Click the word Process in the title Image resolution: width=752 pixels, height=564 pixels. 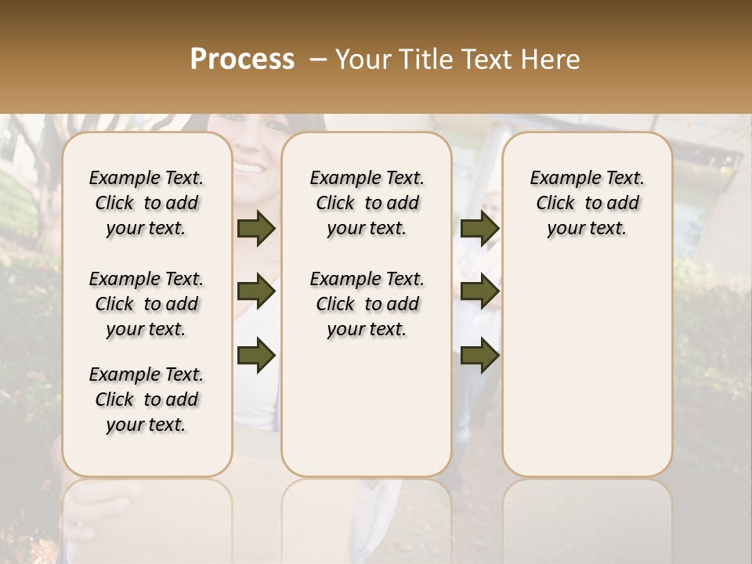point(242,60)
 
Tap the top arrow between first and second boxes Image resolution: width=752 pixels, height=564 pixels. point(256,229)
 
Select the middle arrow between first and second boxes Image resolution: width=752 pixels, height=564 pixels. point(256,292)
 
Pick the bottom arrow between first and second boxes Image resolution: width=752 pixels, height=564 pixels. point(256,356)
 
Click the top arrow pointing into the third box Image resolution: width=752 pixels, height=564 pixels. point(479,229)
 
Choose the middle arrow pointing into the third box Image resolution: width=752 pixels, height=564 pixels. point(479,292)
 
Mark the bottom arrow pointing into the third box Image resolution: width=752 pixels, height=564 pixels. point(479,356)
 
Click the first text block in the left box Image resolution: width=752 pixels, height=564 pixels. point(146,203)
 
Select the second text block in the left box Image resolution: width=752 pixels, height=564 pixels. point(146,304)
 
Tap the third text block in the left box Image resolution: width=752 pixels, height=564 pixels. point(146,399)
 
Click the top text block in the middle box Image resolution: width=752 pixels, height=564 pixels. point(367,203)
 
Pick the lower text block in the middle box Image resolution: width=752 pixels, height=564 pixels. point(367,304)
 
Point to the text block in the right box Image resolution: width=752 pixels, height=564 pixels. point(587,203)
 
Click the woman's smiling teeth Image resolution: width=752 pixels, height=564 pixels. point(250,168)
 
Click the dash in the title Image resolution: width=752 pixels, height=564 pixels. point(318,60)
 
